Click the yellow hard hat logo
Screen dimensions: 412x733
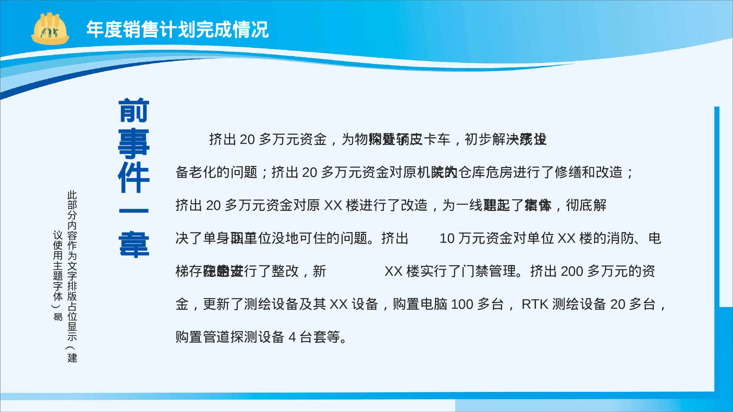coord(50,29)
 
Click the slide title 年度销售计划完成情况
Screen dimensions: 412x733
coord(177,30)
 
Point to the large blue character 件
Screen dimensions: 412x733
coord(134,177)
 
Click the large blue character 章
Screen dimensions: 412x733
coord(134,244)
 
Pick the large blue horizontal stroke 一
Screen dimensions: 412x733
coord(134,211)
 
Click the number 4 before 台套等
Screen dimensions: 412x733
coord(292,337)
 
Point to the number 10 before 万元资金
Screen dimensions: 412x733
coord(447,238)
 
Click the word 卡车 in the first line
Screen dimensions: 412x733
coord(437,140)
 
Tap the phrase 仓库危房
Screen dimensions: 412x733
coord(485,172)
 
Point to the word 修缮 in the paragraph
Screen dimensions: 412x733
coord(568,172)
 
